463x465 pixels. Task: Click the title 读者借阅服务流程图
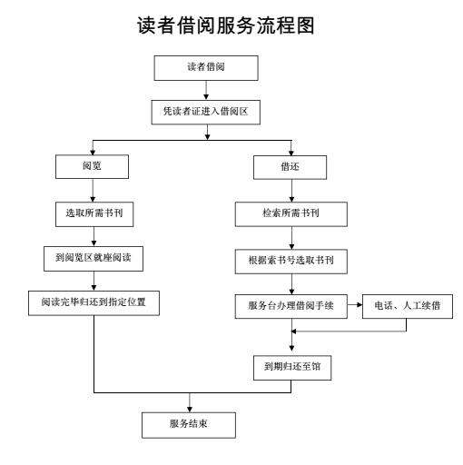226,25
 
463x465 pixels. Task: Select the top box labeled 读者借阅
206,68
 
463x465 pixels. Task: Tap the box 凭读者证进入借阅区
206,112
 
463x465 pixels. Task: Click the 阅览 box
92,166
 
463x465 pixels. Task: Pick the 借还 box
290,167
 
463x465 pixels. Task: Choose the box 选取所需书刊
94,214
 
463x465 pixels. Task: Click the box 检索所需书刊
291,214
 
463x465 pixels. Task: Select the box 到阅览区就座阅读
94,259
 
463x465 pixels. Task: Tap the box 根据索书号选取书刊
291,262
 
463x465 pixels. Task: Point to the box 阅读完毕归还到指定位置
94,303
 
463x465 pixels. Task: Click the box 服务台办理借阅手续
291,306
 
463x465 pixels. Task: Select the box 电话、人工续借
408,306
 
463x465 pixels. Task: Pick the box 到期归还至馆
292,368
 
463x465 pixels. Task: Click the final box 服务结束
189,425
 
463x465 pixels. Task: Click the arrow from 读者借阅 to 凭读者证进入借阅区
206,90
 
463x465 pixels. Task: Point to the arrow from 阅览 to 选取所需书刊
93,191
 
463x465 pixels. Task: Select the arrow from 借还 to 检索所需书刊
291,191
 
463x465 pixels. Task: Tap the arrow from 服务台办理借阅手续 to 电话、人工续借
355,304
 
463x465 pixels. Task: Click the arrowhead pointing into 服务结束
190,410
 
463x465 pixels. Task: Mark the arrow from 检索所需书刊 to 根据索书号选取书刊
291,238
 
